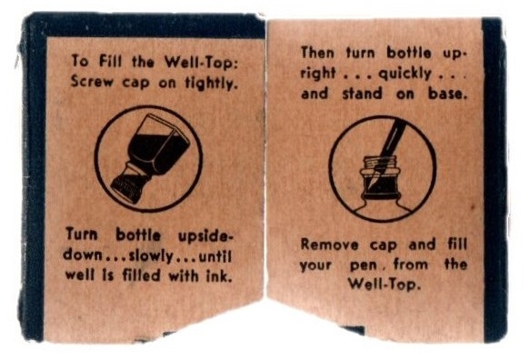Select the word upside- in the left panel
point(205,236)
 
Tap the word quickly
point(405,74)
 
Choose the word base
point(448,94)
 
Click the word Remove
point(329,245)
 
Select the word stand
point(362,94)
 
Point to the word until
point(215,256)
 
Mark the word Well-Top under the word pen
point(385,285)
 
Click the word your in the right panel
point(315,266)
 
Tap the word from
point(411,265)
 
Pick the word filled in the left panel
point(141,275)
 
